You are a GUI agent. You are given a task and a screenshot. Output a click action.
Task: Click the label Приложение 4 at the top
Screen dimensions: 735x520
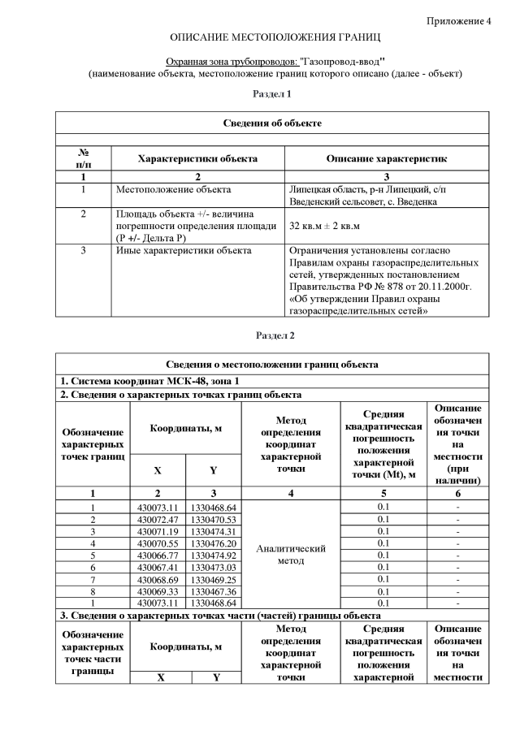click(x=459, y=21)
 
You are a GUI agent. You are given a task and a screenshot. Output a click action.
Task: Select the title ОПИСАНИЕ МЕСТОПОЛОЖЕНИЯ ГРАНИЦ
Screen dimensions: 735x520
click(x=275, y=38)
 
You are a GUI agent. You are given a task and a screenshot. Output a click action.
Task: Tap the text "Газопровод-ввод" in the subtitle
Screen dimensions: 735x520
click(x=341, y=61)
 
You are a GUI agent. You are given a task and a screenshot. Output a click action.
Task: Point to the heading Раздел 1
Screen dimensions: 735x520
click(x=272, y=94)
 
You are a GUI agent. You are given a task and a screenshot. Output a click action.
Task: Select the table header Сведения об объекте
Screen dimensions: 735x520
click(x=272, y=123)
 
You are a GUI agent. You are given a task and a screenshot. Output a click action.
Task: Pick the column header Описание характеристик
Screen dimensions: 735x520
click(x=386, y=159)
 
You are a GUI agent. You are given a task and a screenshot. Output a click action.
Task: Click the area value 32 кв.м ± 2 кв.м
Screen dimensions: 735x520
click(x=324, y=226)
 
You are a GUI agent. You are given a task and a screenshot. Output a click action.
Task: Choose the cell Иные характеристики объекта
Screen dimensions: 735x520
click(x=184, y=251)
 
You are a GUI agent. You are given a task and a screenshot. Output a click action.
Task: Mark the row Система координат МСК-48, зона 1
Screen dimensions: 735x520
click(x=149, y=381)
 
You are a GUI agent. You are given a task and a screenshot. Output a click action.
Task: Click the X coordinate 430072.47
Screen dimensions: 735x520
click(x=157, y=518)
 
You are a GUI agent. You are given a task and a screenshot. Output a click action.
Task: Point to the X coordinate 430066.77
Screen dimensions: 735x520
click(x=157, y=555)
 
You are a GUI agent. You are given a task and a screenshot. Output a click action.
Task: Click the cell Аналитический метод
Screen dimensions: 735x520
click(x=291, y=555)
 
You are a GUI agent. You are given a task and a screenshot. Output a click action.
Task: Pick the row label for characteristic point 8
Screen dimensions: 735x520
click(x=93, y=591)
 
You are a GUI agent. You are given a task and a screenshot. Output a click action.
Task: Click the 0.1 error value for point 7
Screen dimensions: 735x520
click(x=383, y=579)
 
